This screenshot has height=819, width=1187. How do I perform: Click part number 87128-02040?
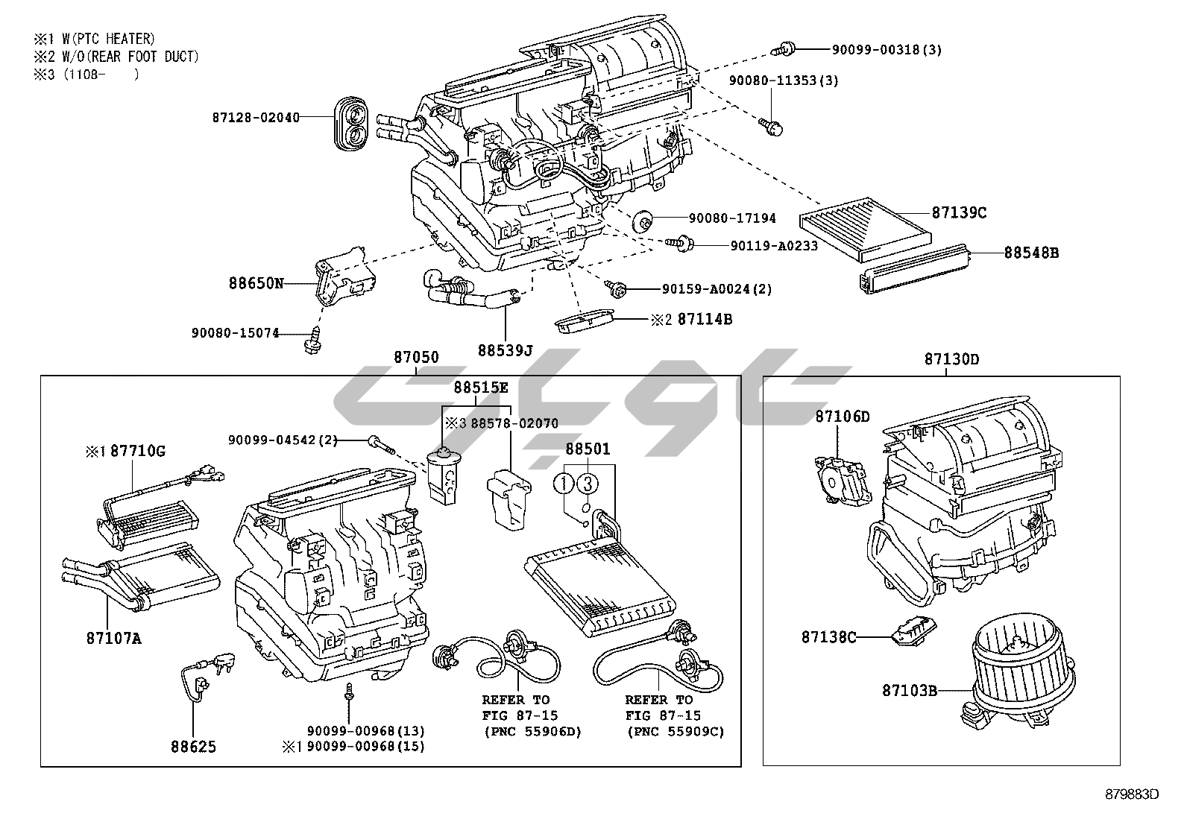256,117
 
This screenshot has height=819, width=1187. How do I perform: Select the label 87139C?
959,213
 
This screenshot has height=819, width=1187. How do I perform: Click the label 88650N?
256,284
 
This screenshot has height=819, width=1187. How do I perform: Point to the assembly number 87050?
416,358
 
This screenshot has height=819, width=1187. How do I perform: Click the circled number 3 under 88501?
588,484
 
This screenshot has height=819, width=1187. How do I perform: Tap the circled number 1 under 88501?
564,484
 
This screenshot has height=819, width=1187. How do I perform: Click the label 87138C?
829,637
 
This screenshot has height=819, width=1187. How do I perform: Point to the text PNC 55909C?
676,732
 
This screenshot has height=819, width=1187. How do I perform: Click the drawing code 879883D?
1132,794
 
